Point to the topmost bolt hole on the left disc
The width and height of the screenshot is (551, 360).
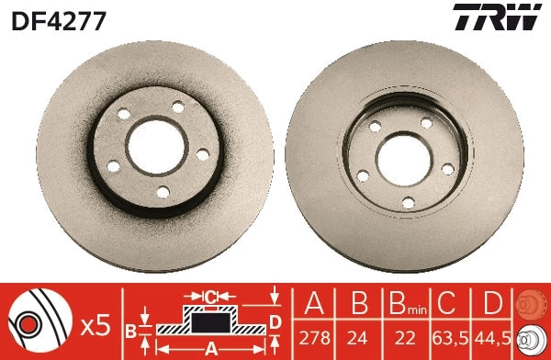tap(178, 107)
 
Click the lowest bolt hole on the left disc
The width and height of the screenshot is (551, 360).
tap(163, 191)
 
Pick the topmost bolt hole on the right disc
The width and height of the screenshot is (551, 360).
tap(425, 123)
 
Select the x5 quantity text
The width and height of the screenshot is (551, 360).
tap(95, 324)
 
